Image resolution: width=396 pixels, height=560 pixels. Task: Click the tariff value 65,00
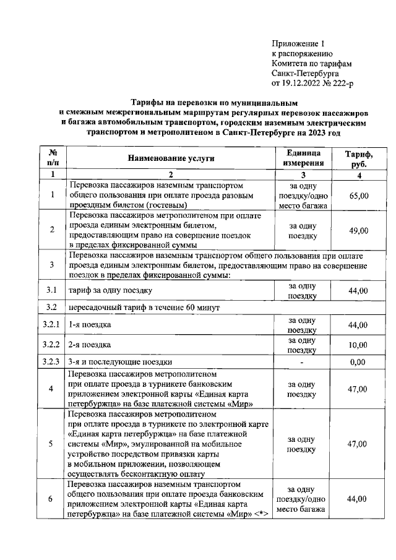pos(359,196)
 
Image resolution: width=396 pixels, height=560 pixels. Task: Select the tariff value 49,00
pos(359,230)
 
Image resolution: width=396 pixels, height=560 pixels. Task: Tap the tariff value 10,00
pos(359,345)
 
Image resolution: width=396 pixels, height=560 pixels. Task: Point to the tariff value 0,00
pos(359,363)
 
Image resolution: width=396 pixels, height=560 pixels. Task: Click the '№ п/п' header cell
pos(53,158)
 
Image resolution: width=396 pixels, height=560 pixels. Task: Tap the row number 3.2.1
pos(53,325)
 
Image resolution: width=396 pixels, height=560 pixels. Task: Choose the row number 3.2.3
pos(53,363)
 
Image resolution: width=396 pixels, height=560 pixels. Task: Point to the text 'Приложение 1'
pos(298,44)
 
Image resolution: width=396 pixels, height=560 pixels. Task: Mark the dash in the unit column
pos(303,363)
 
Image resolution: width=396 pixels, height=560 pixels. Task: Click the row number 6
pos(53,499)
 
